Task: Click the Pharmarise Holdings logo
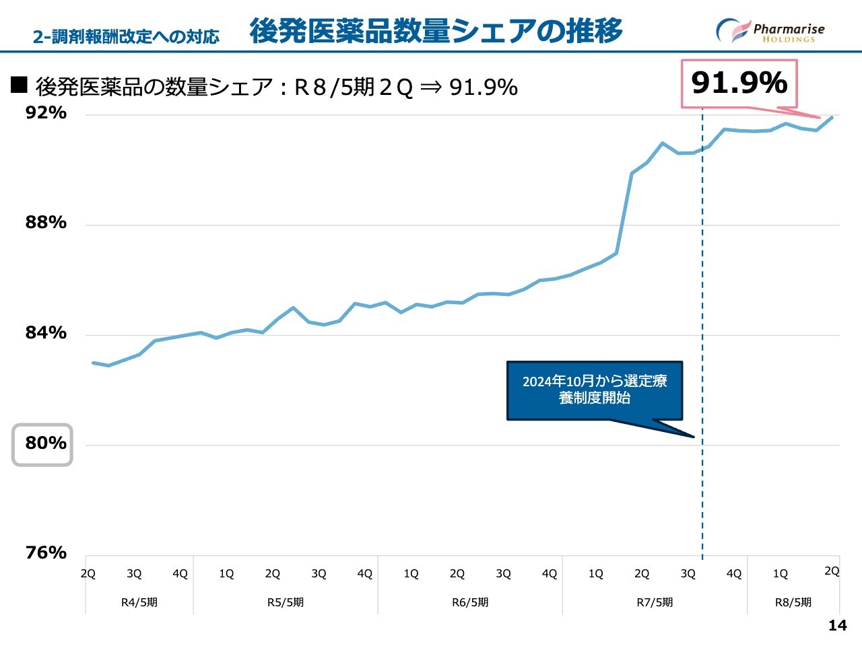(770, 31)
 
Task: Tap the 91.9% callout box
(739, 83)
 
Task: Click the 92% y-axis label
(46, 112)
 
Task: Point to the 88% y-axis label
(46, 223)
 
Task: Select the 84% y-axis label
(46, 332)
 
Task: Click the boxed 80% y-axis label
(42, 444)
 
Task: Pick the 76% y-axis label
(46, 552)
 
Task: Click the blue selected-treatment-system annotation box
(595, 390)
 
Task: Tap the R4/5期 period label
(139, 602)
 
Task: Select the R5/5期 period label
(286, 602)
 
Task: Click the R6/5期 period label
(470, 602)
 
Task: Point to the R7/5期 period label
(655, 602)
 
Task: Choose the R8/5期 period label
(793, 602)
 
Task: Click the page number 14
(837, 626)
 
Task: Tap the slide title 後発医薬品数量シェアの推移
(436, 31)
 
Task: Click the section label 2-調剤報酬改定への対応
(126, 36)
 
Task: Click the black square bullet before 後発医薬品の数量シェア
(19, 85)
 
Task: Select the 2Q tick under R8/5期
(832, 571)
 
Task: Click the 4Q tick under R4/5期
(180, 574)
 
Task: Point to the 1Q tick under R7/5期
(595, 574)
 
